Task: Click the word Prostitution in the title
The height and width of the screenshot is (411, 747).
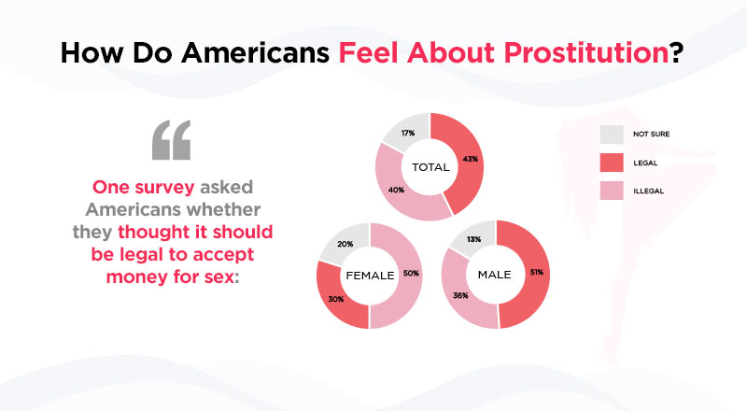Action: tap(586, 52)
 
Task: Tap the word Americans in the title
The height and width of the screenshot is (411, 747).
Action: tap(256, 52)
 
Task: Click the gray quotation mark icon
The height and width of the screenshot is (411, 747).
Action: tap(172, 140)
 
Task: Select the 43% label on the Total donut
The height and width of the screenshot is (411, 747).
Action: tap(471, 159)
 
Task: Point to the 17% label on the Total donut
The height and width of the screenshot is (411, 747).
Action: tap(408, 133)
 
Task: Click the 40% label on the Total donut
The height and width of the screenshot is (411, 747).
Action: tap(396, 190)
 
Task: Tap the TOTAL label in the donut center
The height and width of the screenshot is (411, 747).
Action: tap(430, 167)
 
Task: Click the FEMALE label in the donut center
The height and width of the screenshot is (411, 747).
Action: tap(370, 276)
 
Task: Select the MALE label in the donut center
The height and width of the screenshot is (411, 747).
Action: tap(495, 275)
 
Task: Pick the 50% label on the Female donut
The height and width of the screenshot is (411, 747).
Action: tap(411, 273)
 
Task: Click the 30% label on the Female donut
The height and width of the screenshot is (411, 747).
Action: tap(336, 299)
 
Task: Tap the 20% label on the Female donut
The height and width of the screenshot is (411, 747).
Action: tap(345, 244)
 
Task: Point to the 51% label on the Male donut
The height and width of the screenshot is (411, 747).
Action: tap(536, 272)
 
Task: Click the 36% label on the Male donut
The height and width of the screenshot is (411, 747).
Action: tap(460, 295)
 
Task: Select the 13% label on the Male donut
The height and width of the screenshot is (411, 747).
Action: tap(473, 239)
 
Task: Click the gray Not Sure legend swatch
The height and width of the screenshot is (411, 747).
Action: tap(612, 135)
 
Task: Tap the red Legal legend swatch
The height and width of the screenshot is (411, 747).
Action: tap(612, 163)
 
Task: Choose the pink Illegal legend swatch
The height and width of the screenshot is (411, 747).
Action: tap(612, 191)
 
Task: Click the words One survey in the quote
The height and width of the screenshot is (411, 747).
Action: tap(144, 187)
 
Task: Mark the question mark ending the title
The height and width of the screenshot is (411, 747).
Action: tap(676, 52)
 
